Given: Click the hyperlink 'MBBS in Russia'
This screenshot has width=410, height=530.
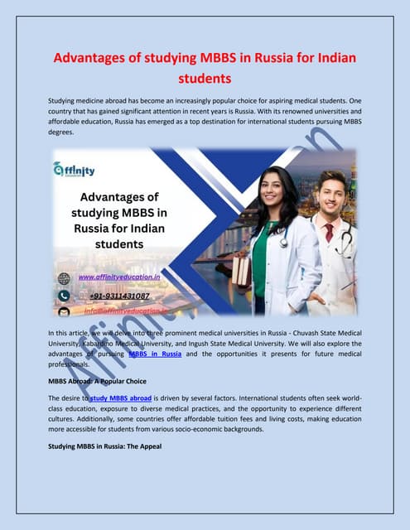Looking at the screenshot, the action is point(155,354).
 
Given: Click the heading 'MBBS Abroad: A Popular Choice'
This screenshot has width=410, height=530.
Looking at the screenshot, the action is point(103,380).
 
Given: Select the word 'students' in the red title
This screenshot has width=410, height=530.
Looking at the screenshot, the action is point(205,80).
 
